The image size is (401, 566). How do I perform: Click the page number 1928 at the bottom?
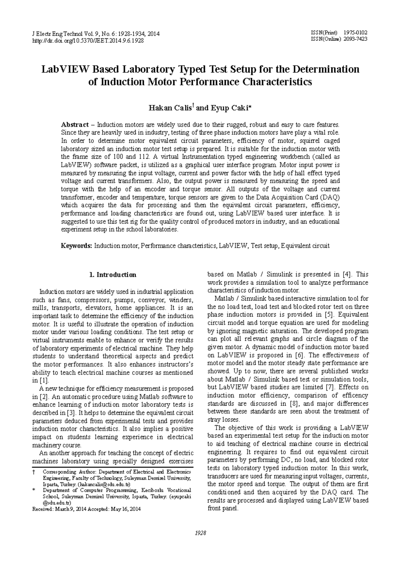200,533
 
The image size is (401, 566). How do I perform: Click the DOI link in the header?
88,41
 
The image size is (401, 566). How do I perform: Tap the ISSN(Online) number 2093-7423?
357,39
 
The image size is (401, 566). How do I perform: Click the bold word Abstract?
75,125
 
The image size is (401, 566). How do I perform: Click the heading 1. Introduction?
113,275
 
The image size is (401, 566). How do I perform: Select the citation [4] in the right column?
347,274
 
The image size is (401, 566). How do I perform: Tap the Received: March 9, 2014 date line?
86,509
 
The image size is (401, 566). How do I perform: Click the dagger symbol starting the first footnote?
33,472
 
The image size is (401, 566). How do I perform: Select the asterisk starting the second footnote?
33,490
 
